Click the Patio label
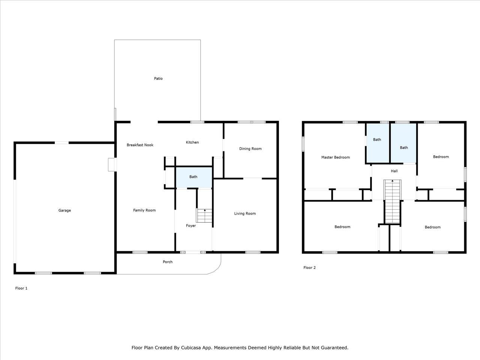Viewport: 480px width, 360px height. [x=158, y=78]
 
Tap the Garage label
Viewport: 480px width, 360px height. [x=64, y=210]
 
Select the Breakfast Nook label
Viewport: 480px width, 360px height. [x=140, y=145]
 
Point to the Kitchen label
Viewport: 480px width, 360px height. [x=192, y=142]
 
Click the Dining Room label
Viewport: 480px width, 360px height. [x=250, y=148]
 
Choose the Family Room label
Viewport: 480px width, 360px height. [x=144, y=210]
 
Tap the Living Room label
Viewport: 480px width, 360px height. [x=245, y=213]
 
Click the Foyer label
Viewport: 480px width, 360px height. [x=191, y=226]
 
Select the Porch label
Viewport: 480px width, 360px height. [x=168, y=262]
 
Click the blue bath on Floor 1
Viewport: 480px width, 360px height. [x=194, y=177]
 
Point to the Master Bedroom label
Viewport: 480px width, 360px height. [x=336, y=157]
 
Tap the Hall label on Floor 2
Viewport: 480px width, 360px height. [x=394, y=171]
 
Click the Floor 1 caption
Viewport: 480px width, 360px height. [x=21, y=288]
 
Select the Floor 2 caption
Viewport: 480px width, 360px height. [x=309, y=267]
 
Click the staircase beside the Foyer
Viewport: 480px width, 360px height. [x=204, y=216]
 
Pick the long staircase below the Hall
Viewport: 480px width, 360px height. [x=393, y=201]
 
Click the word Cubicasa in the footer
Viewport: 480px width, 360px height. [x=190, y=348]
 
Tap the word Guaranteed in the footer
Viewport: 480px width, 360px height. [x=336, y=348]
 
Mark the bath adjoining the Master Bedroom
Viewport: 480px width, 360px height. [x=378, y=143]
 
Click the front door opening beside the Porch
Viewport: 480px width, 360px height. [x=193, y=252]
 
